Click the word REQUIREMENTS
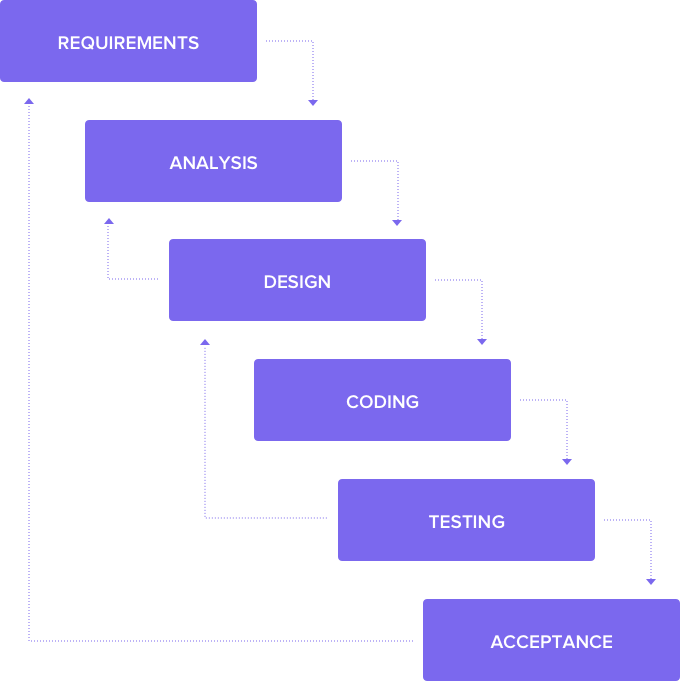(x=128, y=43)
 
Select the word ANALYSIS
(x=213, y=163)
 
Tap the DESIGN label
(x=297, y=282)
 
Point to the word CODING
(x=382, y=402)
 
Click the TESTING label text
(x=466, y=522)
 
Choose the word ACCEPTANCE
(x=551, y=642)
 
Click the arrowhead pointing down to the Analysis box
(x=313, y=101)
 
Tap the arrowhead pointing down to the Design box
(x=397, y=221)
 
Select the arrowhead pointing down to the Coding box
(x=482, y=341)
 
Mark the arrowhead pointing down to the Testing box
(x=567, y=461)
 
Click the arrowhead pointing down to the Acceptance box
(x=651, y=580)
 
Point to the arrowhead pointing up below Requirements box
(x=29, y=101)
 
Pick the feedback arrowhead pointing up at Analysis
(x=109, y=221)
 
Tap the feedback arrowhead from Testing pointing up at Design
(x=205, y=342)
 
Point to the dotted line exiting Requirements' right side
(x=289, y=41)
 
